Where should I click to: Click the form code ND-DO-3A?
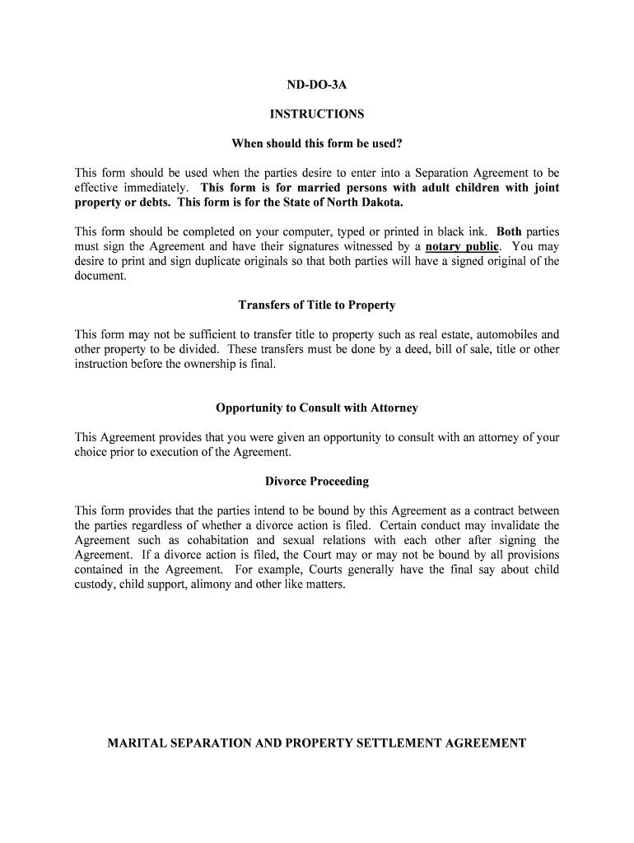pyautogui.click(x=317, y=85)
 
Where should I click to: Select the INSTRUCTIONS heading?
pyautogui.click(x=317, y=114)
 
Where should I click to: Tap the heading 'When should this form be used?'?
pyautogui.click(x=317, y=144)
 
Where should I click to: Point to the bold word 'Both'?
pyautogui.click(x=509, y=231)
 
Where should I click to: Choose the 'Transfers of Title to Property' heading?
pyautogui.click(x=317, y=305)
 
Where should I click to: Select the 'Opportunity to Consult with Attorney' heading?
pyautogui.click(x=317, y=408)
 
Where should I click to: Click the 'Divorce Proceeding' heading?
pyautogui.click(x=317, y=482)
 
